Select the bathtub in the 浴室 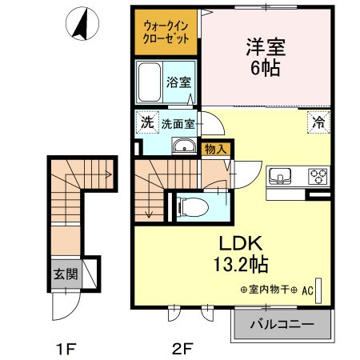tap(149, 82)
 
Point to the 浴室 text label tap(178, 82)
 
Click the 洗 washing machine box tap(146, 123)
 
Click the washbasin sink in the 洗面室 tap(184, 146)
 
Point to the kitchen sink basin tap(282, 175)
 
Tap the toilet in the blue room tap(188, 206)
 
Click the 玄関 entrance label tap(66, 274)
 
